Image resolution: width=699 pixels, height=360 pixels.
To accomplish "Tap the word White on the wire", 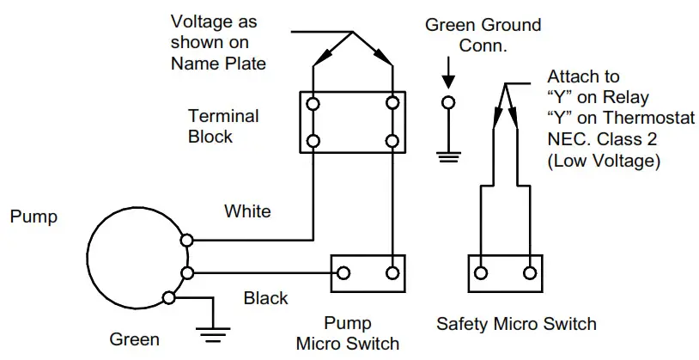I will [247, 211].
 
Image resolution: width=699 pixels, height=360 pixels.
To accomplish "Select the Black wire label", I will [265, 298].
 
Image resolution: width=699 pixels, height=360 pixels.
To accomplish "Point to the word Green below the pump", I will [134, 339].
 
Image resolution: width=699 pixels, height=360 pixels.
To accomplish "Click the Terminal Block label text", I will [223, 125].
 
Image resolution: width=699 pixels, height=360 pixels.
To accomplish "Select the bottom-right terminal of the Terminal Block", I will [392, 140].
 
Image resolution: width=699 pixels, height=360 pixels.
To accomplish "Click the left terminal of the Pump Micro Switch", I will [343, 273].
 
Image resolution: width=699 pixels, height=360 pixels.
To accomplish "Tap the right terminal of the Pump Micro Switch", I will [392, 273].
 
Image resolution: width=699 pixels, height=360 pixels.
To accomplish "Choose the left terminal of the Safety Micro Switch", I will [482, 273].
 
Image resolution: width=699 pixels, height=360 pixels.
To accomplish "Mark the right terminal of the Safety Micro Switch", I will [530, 273].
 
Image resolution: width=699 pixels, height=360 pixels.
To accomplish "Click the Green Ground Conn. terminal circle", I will [447, 104].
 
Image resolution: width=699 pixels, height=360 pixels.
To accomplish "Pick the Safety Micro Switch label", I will [516, 324].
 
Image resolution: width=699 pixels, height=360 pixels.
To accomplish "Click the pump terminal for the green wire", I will [168, 297].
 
